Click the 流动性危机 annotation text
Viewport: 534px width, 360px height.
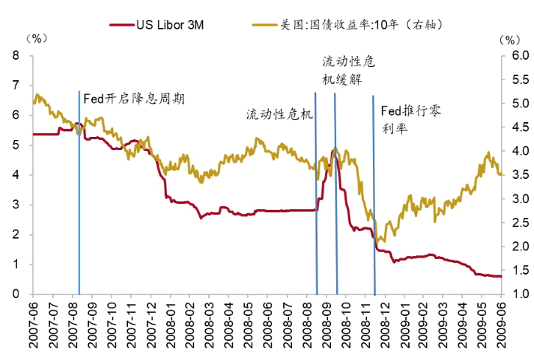(x=280, y=115)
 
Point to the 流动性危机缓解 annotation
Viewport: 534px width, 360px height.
(x=348, y=71)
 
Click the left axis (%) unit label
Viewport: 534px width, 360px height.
(x=34, y=37)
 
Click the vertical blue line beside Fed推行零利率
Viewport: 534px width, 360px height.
(x=374, y=221)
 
